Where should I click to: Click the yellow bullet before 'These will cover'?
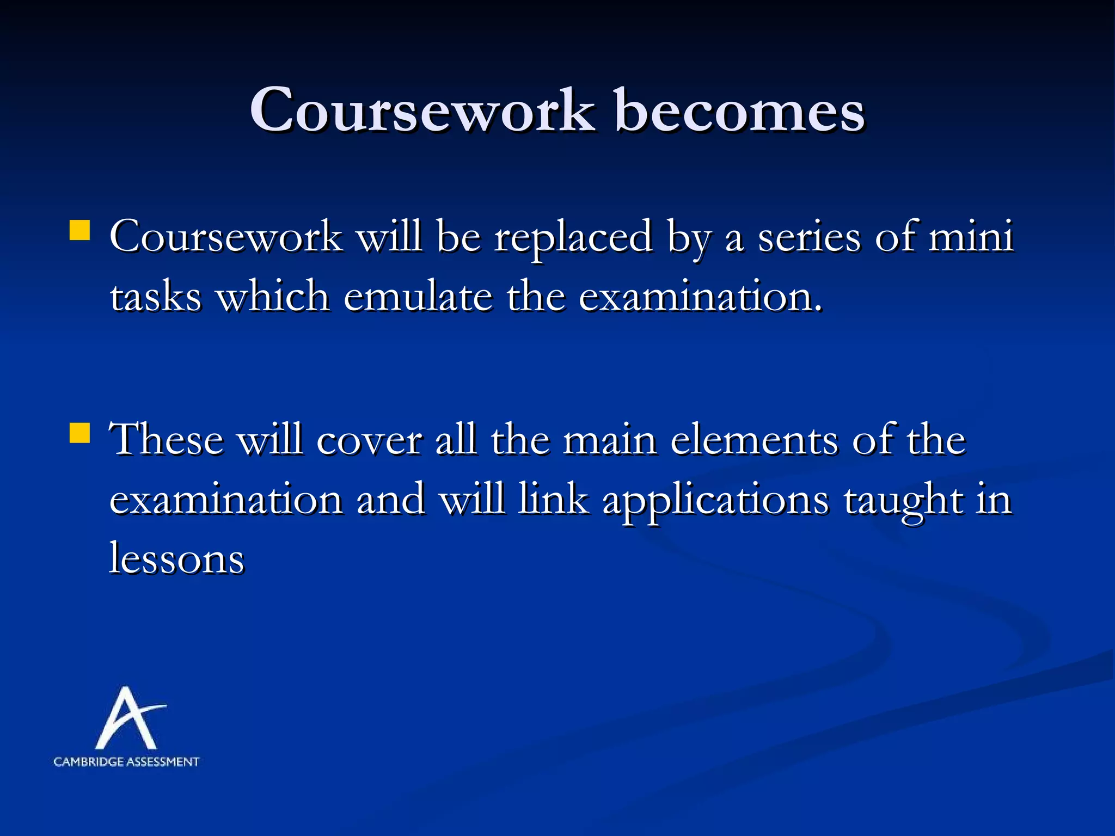click(x=79, y=433)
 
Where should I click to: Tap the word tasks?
click(x=156, y=297)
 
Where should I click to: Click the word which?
click(x=272, y=296)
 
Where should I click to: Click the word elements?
click(x=754, y=440)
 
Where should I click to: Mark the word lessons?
click(x=177, y=558)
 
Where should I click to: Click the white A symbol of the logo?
click(x=128, y=718)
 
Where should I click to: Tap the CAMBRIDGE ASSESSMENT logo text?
click(x=126, y=762)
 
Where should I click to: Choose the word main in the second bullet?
click(x=609, y=440)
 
